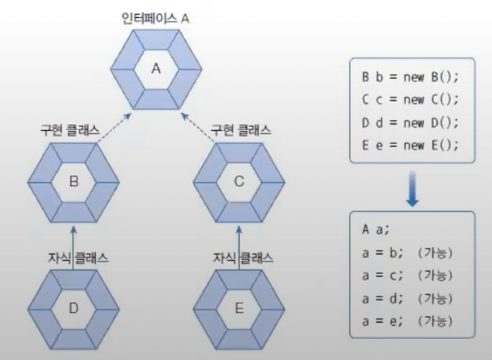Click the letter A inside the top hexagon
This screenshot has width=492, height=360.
click(x=156, y=68)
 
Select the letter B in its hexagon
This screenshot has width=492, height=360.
click(x=72, y=182)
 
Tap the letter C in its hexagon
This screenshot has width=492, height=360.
click(x=239, y=182)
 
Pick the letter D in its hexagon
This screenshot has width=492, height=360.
click(x=72, y=308)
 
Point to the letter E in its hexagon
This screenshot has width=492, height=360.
click(x=239, y=308)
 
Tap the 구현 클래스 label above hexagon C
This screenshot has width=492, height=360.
click(x=241, y=129)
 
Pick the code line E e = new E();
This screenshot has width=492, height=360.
click(x=410, y=145)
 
